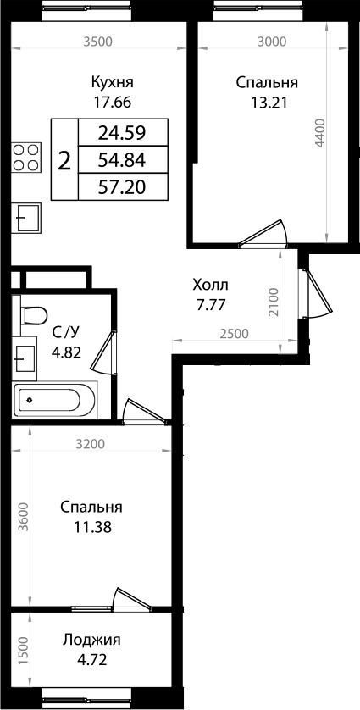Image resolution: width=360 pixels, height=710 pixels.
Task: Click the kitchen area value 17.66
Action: (x=113, y=105)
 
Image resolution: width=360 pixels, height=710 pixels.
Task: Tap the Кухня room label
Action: (x=113, y=83)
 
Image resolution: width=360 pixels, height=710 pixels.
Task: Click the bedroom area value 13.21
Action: (x=266, y=105)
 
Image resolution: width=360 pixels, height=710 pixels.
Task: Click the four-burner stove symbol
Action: (x=26, y=158)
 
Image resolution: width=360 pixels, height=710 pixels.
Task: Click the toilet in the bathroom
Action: (x=32, y=316)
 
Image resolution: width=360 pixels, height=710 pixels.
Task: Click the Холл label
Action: (x=210, y=286)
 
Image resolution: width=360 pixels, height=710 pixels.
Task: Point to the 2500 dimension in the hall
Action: (x=234, y=333)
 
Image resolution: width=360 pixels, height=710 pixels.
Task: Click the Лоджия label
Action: (x=91, y=641)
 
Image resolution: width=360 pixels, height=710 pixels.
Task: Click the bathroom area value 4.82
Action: (x=67, y=352)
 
